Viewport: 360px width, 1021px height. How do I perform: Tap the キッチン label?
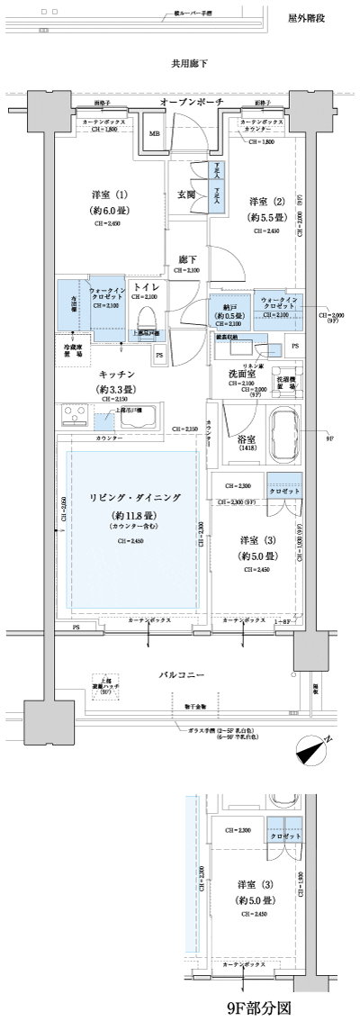point(116,374)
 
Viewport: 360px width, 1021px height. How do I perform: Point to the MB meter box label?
point(155,133)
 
